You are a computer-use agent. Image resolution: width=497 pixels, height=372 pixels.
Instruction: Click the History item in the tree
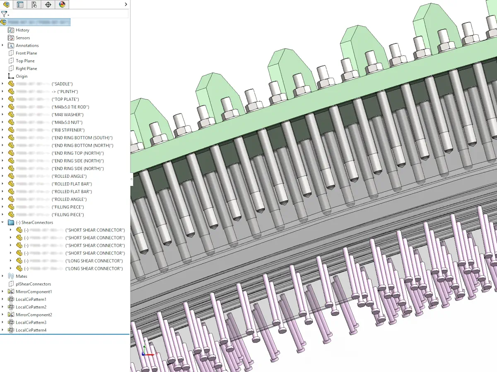[x=22, y=30]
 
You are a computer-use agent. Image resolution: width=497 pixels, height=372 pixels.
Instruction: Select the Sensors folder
[x=23, y=38]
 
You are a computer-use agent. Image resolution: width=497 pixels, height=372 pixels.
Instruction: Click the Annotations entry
[x=27, y=45]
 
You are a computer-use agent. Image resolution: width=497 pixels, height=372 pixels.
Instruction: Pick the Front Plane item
[x=26, y=53]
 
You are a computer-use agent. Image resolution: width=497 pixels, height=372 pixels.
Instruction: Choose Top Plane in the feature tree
[x=25, y=61]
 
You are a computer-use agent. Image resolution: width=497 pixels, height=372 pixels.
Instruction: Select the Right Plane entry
[x=26, y=69]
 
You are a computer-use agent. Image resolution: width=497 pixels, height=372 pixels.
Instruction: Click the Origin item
[x=22, y=76]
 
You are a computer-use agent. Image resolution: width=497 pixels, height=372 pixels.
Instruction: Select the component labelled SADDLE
[x=62, y=84]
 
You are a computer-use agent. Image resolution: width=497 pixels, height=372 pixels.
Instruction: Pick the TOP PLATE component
[x=65, y=100]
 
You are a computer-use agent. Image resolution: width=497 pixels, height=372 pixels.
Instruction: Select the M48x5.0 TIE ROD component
[x=70, y=107]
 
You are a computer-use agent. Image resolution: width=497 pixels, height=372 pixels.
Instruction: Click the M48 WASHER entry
[x=68, y=115]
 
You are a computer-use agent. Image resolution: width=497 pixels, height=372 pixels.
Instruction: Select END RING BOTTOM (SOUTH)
[x=82, y=138]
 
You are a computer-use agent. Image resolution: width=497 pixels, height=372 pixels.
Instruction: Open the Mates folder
[x=22, y=277]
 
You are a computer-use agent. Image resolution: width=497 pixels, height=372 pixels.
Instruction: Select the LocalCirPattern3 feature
[x=31, y=322]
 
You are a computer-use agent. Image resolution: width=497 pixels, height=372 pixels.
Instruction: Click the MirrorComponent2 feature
[x=34, y=315]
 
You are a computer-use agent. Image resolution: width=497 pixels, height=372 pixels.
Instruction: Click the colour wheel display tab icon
[x=62, y=5]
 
